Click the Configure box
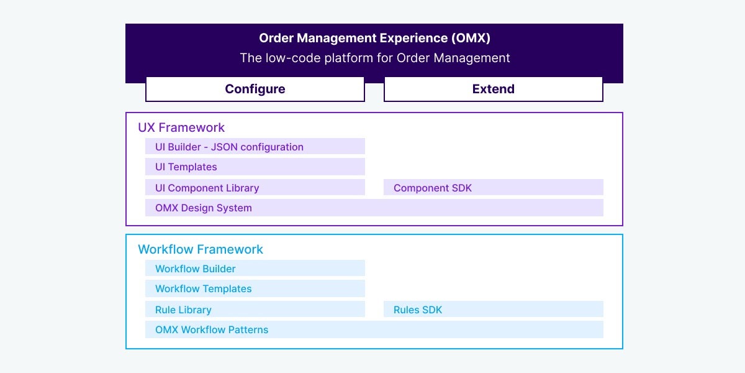255,89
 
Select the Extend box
493,89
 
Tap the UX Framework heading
181,127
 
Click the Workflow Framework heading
201,249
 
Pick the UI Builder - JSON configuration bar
255,147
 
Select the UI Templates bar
255,167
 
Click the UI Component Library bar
255,188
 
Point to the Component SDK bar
493,188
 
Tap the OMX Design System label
204,208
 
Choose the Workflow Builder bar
255,269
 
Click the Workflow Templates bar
255,288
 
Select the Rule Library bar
255,310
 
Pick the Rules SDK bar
493,310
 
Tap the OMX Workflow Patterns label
212,329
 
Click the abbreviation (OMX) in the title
470,38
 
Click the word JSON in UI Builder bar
224,147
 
